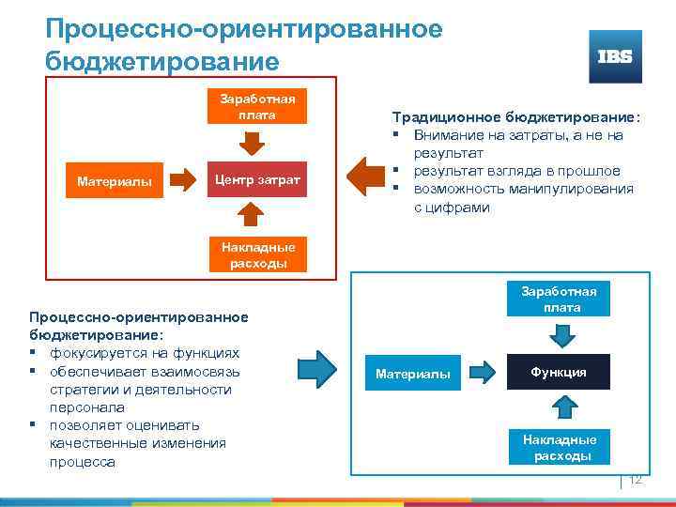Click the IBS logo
615,56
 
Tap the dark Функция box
558,373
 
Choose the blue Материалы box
412,375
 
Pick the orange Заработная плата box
257,107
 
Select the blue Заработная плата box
559,300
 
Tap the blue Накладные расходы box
560,447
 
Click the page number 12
635,480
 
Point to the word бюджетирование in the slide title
161,62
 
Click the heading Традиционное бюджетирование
515,118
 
